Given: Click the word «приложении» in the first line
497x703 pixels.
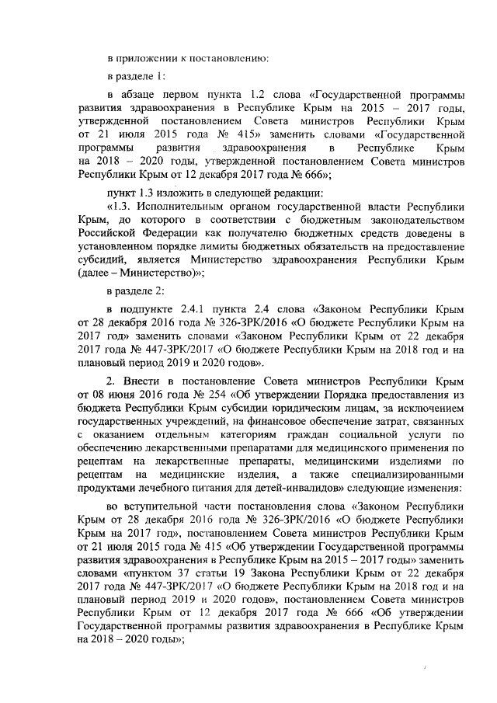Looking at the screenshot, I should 144,57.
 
